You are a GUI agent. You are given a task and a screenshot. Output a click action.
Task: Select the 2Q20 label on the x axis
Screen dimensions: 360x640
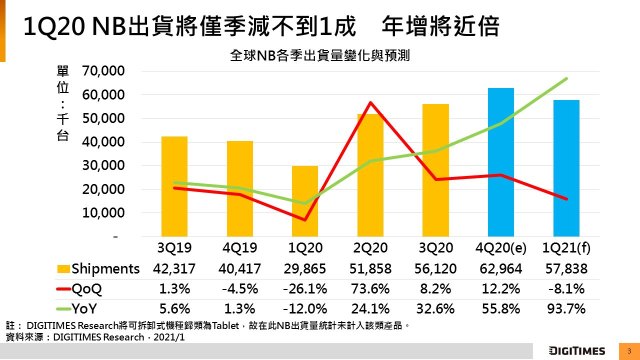370,248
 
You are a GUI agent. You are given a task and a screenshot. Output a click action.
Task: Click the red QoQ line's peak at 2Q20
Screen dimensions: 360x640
370,102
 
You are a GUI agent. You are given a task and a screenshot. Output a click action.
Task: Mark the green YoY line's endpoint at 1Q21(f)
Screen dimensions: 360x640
566,78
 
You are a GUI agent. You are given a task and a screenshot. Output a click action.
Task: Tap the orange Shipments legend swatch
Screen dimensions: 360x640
63,269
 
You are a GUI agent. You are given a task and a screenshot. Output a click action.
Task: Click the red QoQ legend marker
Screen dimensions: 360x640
63,289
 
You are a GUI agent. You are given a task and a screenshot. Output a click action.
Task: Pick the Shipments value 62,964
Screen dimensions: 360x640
501,269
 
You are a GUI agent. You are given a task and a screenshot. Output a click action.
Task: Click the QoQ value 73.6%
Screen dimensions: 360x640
370,289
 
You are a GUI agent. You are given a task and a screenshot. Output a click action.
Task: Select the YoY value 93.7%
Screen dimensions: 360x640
566,309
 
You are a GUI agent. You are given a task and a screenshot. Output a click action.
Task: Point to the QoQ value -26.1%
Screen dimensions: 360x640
305,289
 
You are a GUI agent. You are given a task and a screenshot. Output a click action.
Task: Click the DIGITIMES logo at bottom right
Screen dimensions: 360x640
576,351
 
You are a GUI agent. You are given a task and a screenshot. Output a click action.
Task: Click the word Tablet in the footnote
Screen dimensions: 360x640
227,326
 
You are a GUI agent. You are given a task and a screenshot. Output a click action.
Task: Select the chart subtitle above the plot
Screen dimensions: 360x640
320,55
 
